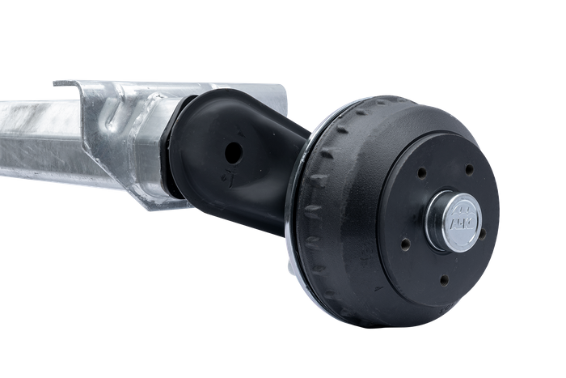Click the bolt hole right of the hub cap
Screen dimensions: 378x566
483,234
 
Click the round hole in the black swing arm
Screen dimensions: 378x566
234,151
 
